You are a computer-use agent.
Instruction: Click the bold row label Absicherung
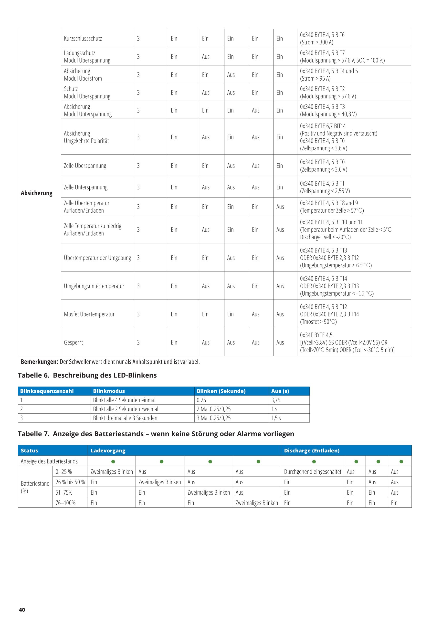36,193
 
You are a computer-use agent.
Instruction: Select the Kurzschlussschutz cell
83,38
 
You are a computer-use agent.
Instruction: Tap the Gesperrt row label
73,342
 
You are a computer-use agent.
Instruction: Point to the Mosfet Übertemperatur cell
89,314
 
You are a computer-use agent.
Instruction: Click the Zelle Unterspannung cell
85,187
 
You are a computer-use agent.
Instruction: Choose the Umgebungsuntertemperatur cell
94,286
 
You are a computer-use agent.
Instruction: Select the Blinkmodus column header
109,391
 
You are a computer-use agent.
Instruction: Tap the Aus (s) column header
280,391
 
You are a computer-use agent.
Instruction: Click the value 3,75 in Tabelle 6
276,400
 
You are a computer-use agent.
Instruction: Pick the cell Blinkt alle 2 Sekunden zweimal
126,409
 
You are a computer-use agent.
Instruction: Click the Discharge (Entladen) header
312,450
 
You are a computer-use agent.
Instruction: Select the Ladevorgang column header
108,450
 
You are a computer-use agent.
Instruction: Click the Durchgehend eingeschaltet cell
312,472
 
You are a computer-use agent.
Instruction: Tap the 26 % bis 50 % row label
70,482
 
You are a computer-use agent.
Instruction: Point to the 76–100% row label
65,503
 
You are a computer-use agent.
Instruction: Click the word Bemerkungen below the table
39,362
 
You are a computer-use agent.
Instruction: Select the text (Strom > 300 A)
316,42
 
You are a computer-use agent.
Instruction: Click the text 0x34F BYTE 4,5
316,335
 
